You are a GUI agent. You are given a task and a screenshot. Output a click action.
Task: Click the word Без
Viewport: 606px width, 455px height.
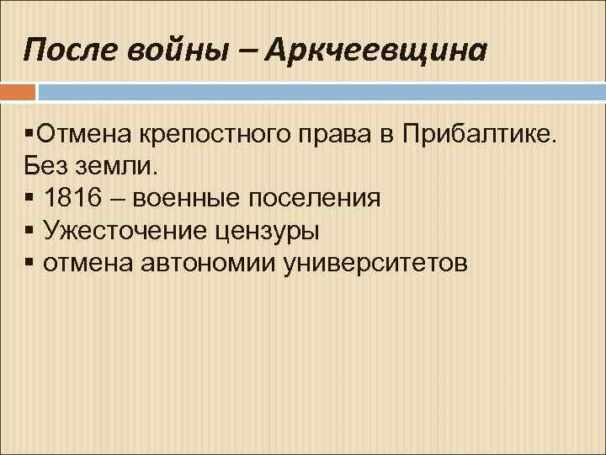point(45,166)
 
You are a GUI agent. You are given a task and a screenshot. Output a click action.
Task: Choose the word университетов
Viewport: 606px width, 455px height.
point(375,265)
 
